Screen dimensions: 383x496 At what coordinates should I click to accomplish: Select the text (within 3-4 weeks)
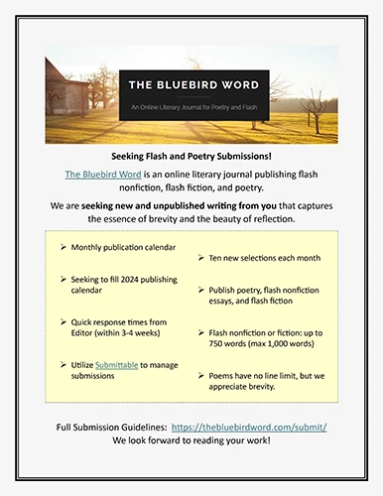132,344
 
